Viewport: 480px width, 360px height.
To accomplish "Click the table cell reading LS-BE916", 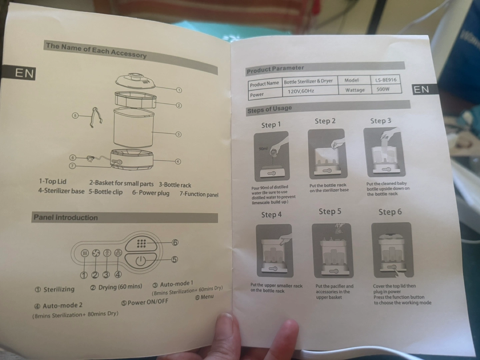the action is (x=386, y=80).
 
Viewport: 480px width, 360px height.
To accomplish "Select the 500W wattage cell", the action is (x=386, y=89).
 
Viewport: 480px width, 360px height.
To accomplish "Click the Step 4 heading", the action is (x=271, y=215).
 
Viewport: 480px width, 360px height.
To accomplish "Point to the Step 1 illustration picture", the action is (x=272, y=156).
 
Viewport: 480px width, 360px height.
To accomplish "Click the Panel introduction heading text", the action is (x=66, y=217).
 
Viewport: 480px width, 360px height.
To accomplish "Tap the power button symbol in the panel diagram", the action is (x=140, y=261).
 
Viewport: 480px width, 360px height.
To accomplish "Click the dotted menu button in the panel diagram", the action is (x=141, y=243).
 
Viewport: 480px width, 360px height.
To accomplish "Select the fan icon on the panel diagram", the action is (x=96, y=253).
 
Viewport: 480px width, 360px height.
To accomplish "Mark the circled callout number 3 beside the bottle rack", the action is (x=178, y=134).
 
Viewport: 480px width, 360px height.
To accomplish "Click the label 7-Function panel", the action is (x=199, y=194).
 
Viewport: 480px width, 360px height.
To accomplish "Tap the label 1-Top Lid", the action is (x=52, y=181).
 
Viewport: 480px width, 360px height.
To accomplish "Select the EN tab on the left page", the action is (x=24, y=73).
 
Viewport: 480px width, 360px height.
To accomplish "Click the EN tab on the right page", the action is (x=421, y=89).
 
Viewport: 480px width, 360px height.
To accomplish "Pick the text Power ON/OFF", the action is (x=148, y=302).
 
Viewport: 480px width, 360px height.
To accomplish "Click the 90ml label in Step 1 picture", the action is (x=263, y=149).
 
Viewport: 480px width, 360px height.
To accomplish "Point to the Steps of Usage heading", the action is (x=269, y=109).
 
